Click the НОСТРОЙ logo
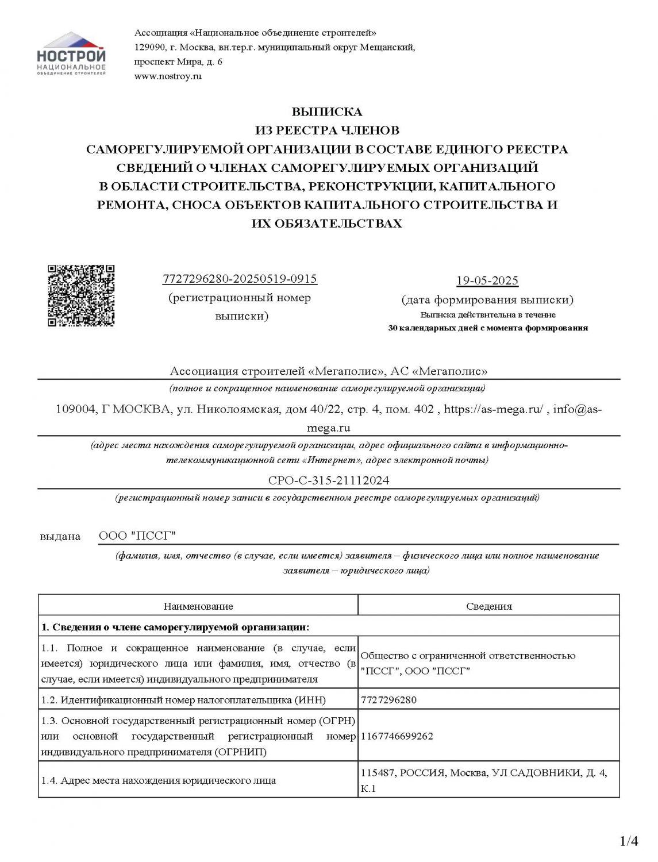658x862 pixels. tap(71, 55)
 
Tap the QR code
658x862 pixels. tap(80, 295)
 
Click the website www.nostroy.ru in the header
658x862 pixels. tap(168, 76)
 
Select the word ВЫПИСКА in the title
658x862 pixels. tap(327, 111)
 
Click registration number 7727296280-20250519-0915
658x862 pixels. tap(240, 279)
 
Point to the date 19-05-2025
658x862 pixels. tap(487, 280)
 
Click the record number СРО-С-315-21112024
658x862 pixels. tap(325, 480)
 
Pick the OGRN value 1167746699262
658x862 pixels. tap(397, 736)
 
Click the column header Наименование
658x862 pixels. tap(198, 606)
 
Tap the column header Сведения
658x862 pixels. tap(489, 606)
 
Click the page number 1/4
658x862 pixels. tap(629, 842)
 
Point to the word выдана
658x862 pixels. tap(60, 537)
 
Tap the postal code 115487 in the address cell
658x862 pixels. tap(378, 773)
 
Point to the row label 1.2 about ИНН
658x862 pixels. tap(183, 700)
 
